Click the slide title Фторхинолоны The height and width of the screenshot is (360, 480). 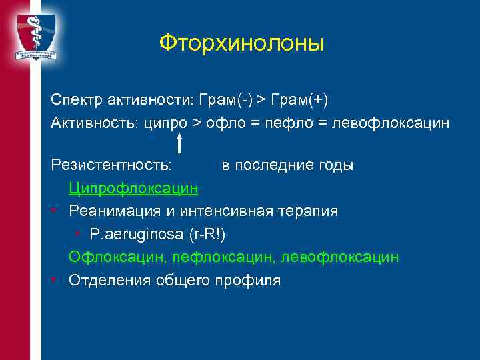241,44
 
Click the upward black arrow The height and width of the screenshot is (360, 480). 179,141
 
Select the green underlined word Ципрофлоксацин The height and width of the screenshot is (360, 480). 133,188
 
